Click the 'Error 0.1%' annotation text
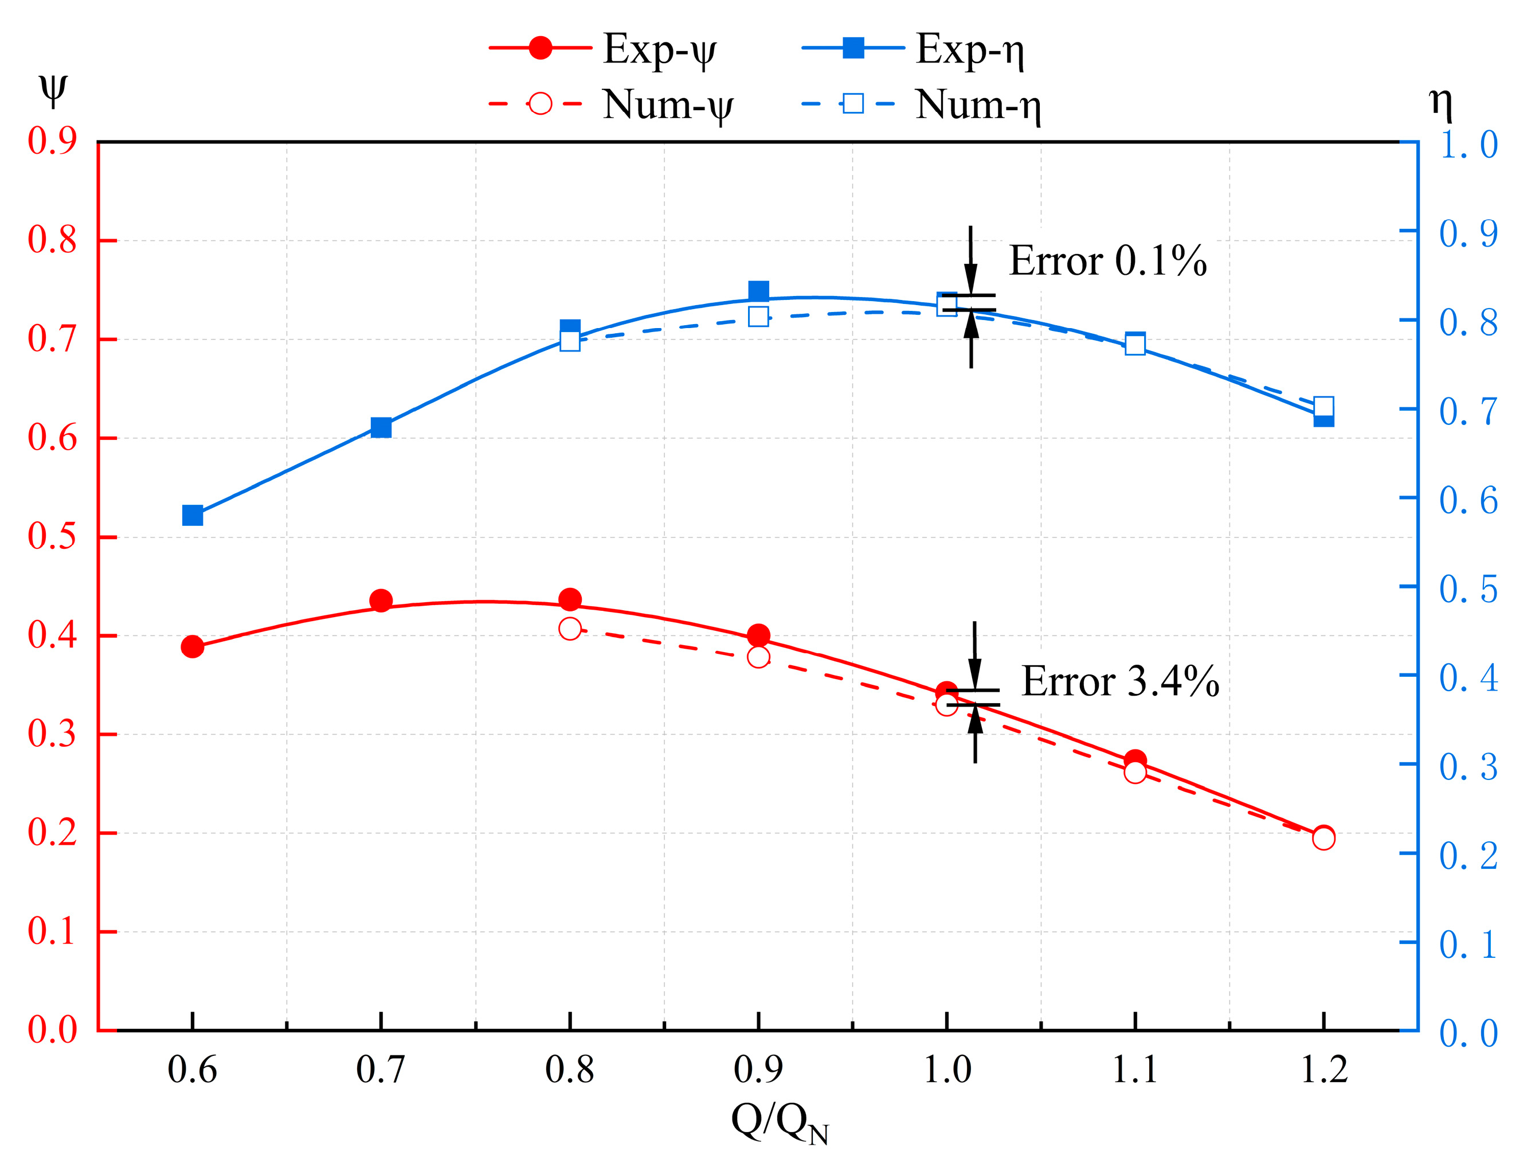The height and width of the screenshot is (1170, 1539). (x=1107, y=261)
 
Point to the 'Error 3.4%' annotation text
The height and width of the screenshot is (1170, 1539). (x=1119, y=681)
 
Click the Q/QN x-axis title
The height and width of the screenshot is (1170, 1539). (x=780, y=1122)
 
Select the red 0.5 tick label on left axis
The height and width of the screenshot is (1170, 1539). (x=52, y=536)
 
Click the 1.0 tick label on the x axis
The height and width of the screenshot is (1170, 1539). (x=947, y=1070)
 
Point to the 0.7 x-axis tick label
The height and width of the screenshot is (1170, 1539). (x=380, y=1070)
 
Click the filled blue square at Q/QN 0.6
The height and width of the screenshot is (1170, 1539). (x=193, y=516)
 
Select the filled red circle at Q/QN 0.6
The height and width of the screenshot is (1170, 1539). (x=193, y=646)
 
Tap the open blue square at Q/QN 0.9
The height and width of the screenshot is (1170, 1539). (x=758, y=317)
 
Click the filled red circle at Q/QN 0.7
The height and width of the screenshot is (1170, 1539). (x=381, y=600)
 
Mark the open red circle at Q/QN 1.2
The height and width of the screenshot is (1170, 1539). (x=1323, y=838)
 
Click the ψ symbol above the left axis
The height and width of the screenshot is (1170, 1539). (x=52, y=89)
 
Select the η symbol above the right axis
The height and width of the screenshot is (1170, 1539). (x=1440, y=103)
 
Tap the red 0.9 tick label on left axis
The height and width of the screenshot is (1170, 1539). (x=52, y=141)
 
